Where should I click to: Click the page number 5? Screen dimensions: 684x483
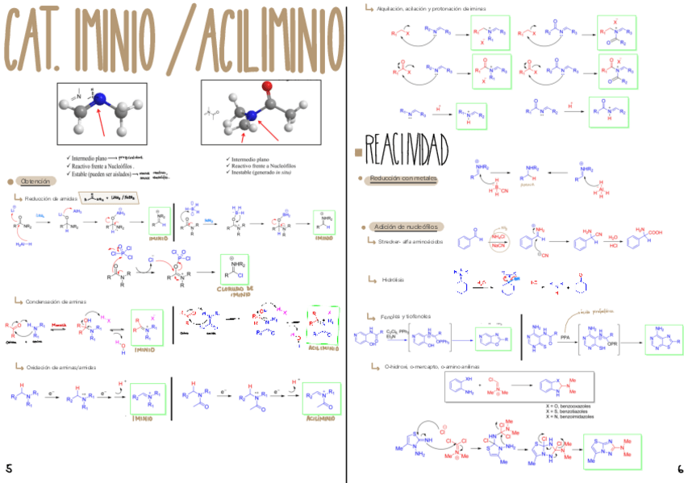pyautogui.click(x=9, y=468)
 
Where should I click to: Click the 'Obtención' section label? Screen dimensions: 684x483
pyautogui.click(x=35, y=181)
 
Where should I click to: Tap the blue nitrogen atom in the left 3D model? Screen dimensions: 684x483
pyautogui.click(x=99, y=100)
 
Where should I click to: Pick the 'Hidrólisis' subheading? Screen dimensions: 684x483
pyautogui.click(x=393, y=279)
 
